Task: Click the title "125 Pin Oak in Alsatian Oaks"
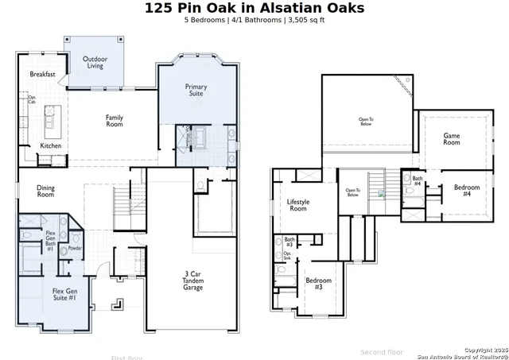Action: [x=254, y=8]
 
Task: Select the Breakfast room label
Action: [x=42, y=74]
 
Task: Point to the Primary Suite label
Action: [x=196, y=90]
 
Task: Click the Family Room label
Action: [x=115, y=121]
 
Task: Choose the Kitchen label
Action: [x=51, y=145]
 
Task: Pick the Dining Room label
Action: [x=45, y=191]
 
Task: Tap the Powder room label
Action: [x=75, y=247]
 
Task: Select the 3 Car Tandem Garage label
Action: [x=192, y=281]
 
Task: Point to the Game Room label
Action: [x=451, y=139]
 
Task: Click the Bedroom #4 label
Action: [x=468, y=191]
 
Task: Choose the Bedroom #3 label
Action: [x=319, y=283]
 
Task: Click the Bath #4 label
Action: [x=417, y=180]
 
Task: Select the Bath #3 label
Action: [x=289, y=242]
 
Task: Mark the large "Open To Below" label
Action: [x=365, y=121]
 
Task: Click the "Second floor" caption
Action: [x=382, y=351]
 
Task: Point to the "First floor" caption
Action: [x=128, y=357]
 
